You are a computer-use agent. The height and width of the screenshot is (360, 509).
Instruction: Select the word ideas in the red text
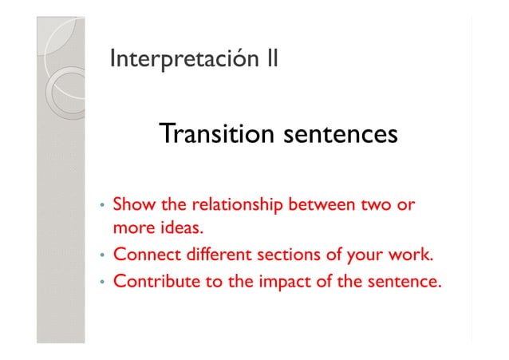(x=175, y=230)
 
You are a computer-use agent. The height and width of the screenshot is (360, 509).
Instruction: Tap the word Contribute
(x=156, y=282)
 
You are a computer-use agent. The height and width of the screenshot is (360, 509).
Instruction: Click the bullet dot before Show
(x=101, y=208)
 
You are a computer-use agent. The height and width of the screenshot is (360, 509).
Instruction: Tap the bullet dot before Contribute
(x=101, y=283)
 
